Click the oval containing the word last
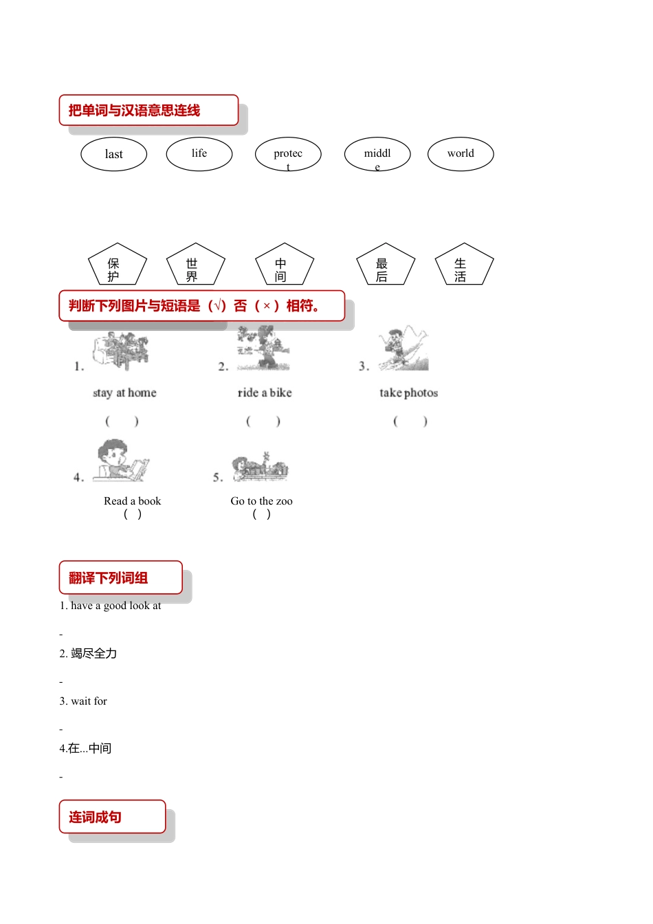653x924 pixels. point(113,154)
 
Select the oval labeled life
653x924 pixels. point(199,153)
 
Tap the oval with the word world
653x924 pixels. point(461,153)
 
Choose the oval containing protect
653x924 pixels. point(288,154)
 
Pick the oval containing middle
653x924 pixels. point(377,154)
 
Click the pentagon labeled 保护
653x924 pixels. point(118,266)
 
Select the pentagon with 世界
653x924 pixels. point(196,266)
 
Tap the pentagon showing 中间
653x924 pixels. point(285,266)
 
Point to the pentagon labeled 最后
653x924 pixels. point(386,266)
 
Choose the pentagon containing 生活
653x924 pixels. point(464,266)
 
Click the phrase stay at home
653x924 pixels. point(124,393)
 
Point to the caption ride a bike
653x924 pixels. point(265,393)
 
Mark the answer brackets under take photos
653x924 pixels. point(410,421)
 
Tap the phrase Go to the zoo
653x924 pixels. point(261,501)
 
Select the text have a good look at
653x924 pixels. point(115,606)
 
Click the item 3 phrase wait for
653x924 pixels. point(89,701)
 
